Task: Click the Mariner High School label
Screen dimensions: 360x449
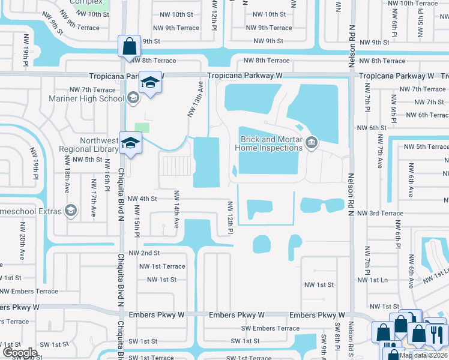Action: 95,98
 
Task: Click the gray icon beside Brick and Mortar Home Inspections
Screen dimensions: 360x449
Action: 311,142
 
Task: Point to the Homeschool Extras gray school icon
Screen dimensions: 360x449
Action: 71,211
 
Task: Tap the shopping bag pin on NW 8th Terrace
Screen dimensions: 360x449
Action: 130,47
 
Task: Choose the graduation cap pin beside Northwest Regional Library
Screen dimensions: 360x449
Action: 130,143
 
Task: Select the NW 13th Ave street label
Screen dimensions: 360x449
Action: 192,103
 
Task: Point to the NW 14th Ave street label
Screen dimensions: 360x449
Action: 176,209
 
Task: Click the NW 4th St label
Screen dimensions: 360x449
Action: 142,199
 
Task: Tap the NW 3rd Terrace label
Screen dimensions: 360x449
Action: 380,213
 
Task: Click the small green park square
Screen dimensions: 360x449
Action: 142,128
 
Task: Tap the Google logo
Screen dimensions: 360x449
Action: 20,353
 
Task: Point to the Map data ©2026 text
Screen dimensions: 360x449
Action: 423,355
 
